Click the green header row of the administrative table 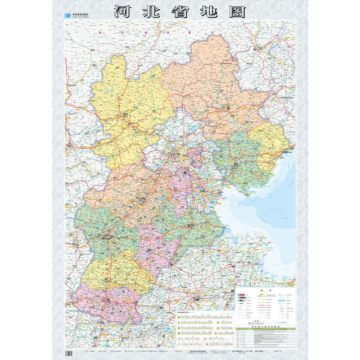264,329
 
